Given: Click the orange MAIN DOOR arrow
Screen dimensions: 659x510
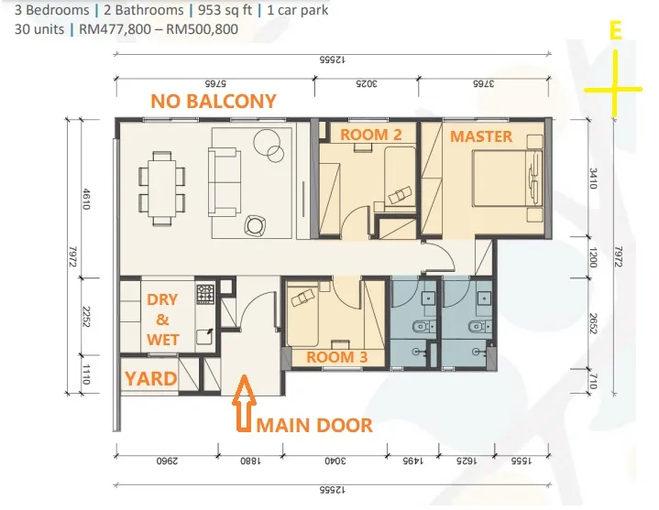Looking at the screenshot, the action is [x=244, y=403].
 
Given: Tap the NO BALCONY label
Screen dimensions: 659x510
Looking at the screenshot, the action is [x=214, y=101].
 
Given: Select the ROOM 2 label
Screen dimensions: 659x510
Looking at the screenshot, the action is [x=370, y=135].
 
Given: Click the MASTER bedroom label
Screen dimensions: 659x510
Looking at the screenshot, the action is [x=481, y=136].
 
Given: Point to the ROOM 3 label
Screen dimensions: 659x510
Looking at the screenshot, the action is [x=337, y=357].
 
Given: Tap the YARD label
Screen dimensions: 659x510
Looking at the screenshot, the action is [x=151, y=379].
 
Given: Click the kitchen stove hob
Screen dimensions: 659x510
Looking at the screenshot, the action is [x=205, y=294].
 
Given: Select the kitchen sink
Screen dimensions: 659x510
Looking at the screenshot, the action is [x=205, y=337].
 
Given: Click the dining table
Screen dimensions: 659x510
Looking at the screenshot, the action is [x=162, y=189].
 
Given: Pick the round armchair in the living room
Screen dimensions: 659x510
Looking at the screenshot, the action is [x=254, y=225].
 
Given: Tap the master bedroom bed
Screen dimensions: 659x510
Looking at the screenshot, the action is [x=507, y=178].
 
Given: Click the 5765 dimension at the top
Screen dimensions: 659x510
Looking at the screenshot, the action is [x=215, y=83].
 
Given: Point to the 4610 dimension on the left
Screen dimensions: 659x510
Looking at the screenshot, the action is [x=86, y=199].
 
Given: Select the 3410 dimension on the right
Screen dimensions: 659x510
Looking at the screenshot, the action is [x=593, y=179].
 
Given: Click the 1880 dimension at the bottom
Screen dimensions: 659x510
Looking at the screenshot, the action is [x=250, y=461].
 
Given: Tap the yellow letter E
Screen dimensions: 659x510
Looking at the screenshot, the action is [x=615, y=30].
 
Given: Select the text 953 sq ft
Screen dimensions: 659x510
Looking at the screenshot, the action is [x=225, y=10].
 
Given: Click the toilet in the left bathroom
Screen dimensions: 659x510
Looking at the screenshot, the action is [x=422, y=327].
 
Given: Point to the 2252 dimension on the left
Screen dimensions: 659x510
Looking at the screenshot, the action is [x=86, y=318].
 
